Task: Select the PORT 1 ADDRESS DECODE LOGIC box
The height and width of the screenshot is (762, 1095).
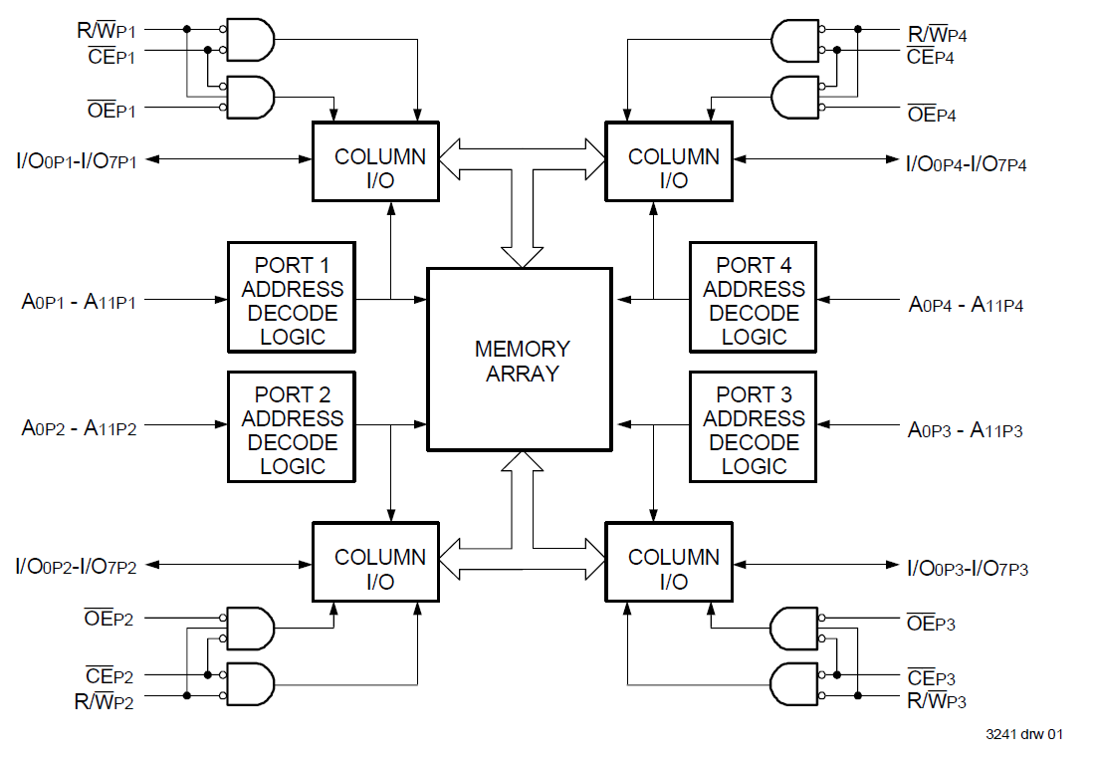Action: [292, 297]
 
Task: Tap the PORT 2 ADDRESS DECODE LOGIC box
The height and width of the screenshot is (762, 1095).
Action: [292, 426]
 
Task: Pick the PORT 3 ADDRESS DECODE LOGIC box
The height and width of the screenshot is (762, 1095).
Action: [753, 426]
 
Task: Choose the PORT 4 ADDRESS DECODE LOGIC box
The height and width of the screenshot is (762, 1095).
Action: [753, 297]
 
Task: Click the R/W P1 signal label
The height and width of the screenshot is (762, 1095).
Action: [106, 30]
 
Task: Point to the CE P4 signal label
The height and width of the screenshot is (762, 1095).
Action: [930, 56]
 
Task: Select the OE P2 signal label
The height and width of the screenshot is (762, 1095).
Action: [109, 619]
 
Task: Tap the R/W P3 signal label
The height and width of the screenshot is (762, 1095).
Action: [936, 700]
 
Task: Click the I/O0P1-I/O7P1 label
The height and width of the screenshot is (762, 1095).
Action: [76, 158]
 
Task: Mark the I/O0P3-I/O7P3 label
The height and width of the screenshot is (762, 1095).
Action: [967, 569]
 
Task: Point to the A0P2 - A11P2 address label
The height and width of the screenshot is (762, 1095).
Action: [80, 428]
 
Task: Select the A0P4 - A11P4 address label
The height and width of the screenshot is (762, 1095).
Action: [966, 305]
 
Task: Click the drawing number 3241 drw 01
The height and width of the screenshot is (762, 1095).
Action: [1024, 735]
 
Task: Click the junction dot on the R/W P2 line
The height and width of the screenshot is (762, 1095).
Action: [186, 696]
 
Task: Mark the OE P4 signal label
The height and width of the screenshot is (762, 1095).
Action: [932, 115]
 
